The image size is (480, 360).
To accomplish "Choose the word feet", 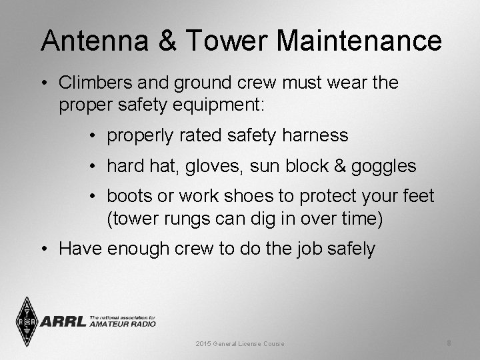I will [417, 197].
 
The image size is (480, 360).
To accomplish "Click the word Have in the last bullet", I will [81, 249].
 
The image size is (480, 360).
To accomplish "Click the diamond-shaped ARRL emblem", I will [27, 321].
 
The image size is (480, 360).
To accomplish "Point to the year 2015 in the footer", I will [203, 344].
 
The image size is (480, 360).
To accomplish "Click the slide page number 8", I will [449, 343].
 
